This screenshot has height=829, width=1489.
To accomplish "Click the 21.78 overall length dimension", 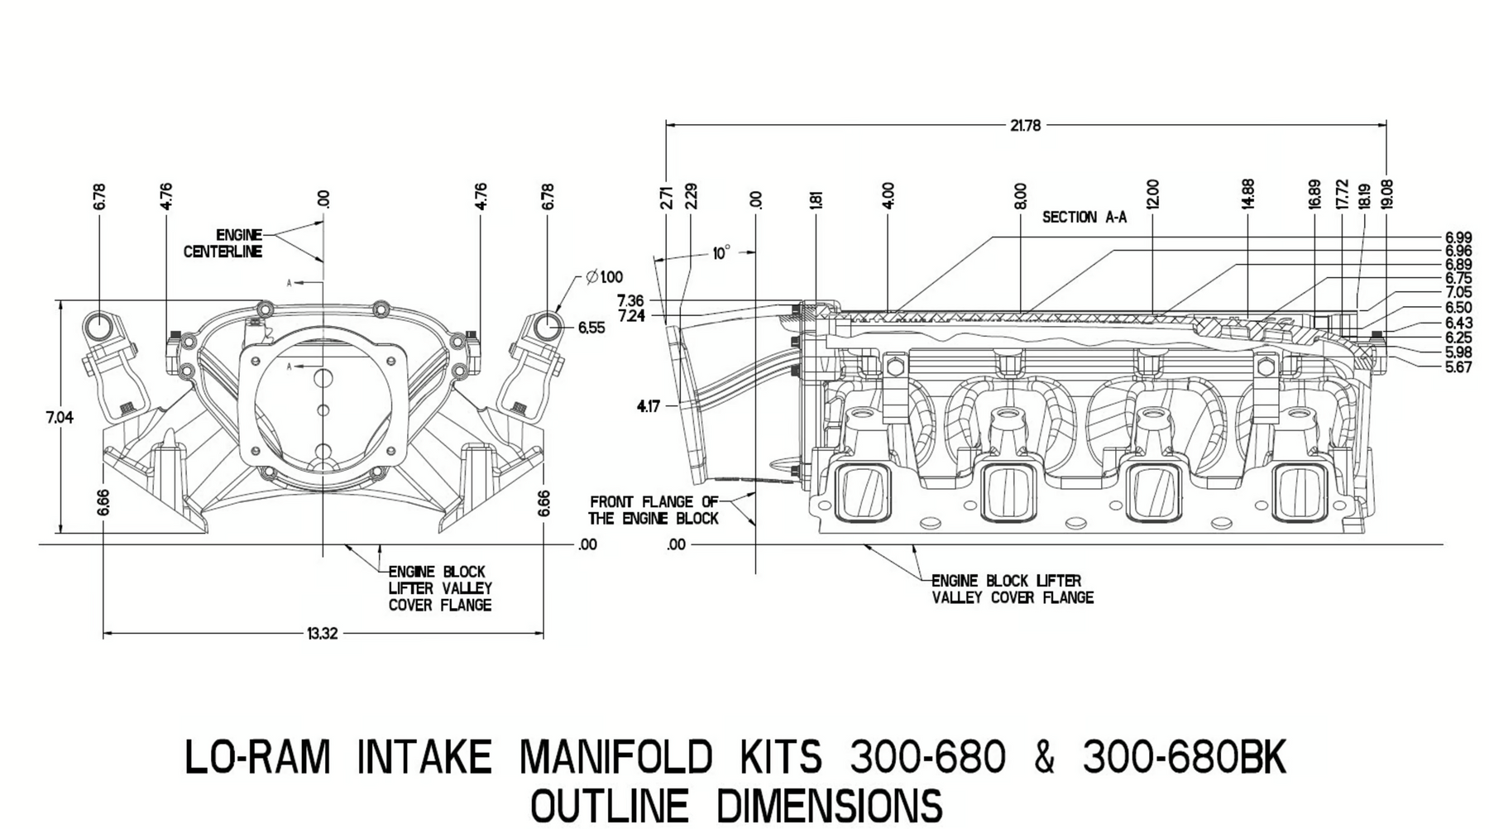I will pyautogui.click(x=1025, y=126).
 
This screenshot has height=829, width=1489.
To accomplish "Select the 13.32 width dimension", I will pyautogui.click(x=323, y=634).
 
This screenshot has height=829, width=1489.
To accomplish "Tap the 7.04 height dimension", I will pyautogui.click(x=60, y=418).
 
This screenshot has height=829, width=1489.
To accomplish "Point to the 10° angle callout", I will pyautogui.click(x=721, y=252).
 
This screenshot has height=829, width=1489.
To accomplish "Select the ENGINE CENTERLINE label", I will pyautogui.click(x=223, y=243).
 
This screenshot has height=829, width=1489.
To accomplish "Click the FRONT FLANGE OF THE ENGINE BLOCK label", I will pyautogui.click(x=654, y=510).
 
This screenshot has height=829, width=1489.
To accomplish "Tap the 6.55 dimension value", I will pyautogui.click(x=591, y=328).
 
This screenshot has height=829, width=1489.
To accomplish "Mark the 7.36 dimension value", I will pyautogui.click(x=630, y=300).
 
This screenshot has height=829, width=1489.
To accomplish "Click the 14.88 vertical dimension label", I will pyautogui.click(x=1248, y=194).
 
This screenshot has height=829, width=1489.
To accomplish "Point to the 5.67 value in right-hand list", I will pyautogui.click(x=1458, y=367).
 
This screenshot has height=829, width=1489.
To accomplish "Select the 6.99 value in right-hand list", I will pyautogui.click(x=1458, y=238).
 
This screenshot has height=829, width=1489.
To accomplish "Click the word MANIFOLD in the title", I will pyautogui.click(x=615, y=758).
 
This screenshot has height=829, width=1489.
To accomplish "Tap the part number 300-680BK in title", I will pyautogui.click(x=1184, y=758).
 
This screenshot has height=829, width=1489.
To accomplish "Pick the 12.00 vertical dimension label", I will pyautogui.click(x=1153, y=194).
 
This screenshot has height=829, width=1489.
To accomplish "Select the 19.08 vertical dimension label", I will pyautogui.click(x=1387, y=195).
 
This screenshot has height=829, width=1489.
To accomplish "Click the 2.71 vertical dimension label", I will pyautogui.click(x=668, y=197).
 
